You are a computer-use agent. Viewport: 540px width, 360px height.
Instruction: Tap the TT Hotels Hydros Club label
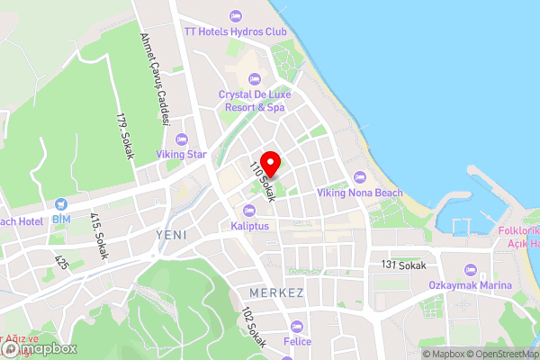(235, 31)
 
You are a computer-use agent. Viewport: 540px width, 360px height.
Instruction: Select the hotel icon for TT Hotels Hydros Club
(235, 15)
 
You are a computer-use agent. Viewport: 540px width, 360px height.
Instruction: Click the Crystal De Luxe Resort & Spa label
(252, 101)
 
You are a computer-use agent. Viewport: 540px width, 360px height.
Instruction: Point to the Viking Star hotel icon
(182, 139)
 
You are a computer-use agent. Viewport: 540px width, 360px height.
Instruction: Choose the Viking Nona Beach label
(360, 193)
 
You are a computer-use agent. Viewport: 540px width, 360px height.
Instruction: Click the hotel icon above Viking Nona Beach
(360, 176)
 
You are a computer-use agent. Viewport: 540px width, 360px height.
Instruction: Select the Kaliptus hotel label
(250, 226)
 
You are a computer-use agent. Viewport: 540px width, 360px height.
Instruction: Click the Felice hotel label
(297, 342)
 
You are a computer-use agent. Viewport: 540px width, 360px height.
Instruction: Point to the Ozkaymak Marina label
(469, 286)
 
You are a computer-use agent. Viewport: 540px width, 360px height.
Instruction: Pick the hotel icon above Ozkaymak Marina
(469, 270)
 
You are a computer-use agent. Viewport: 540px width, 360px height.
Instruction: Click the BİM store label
(61, 219)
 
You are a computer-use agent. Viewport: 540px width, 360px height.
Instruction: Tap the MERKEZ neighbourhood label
(273, 294)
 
